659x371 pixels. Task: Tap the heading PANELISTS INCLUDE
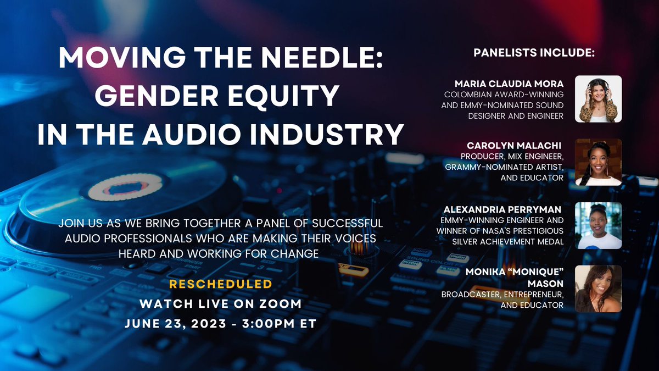pos(534,54)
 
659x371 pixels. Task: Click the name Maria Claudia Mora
pos(509,84)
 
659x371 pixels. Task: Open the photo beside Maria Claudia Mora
pos(598,99)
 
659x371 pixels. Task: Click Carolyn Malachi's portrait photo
pos(598,162)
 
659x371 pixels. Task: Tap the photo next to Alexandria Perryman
pos(598,225)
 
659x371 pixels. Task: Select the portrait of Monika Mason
pos(598,289)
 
